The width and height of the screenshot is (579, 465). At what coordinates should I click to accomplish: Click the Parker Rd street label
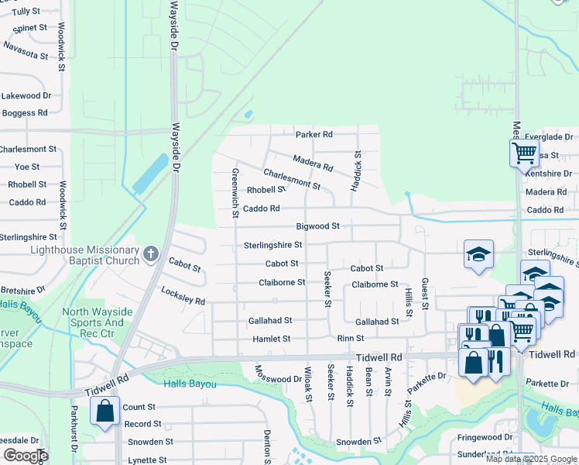click(313, 134)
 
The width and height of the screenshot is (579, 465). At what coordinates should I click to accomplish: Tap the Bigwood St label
click(317, 226)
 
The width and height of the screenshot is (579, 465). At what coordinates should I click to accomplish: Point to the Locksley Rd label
click(183, 295)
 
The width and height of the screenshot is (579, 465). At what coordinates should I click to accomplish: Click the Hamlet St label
click(271, 339)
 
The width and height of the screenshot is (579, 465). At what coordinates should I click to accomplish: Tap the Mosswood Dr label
click(278, 374)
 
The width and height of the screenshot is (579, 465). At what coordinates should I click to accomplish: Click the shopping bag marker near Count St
click(104, 411)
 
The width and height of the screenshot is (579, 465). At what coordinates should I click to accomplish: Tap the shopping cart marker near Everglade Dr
click(524, 153)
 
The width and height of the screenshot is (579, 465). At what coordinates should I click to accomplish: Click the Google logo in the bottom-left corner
click(26, 456)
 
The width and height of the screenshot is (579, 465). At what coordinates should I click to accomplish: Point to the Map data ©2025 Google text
click(532, 459)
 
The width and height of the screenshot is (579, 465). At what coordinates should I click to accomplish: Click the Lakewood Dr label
click(26, 96)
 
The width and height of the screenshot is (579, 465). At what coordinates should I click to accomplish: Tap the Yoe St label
click(27, 167)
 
